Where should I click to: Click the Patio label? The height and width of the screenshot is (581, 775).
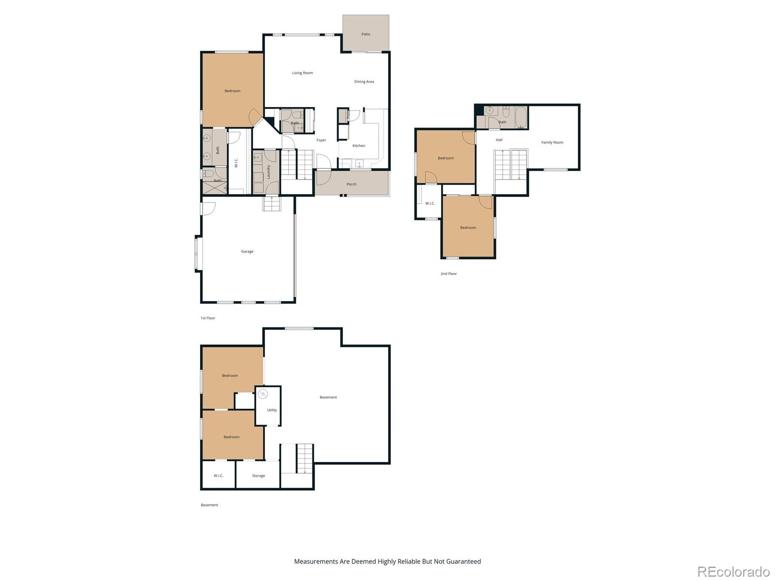click(x=366, y=34)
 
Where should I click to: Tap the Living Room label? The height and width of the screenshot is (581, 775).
click(x=302, y=73)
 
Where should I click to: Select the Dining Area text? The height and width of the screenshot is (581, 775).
click(x=364, y=82)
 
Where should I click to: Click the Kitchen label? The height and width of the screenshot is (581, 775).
click(x=359, y=146)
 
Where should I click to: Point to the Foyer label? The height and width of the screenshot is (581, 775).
click(x=321, y=140)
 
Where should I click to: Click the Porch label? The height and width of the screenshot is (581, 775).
click(x=352, y=184)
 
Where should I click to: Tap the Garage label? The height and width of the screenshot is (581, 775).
click(x=247, y=252)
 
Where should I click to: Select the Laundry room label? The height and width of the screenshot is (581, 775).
click(x=268, y=172)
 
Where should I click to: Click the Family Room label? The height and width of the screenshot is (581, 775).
click(x=552, y=143)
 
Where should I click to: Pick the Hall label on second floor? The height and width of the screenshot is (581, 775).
click(x=499, y=140)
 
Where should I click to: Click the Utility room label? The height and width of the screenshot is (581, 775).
click(x=272, y=410)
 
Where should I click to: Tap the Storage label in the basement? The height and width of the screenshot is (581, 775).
click(x=258, y=476)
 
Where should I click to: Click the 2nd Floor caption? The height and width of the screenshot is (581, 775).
click(x=449, y=274)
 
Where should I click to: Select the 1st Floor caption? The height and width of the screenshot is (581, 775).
click(x=208, y=318)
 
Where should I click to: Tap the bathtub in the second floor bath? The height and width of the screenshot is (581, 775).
click(x=521, y=117)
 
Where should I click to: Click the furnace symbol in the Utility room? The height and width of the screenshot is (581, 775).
click(x=263, y=394)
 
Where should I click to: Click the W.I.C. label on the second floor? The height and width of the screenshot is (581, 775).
click(x=430, y=203)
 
